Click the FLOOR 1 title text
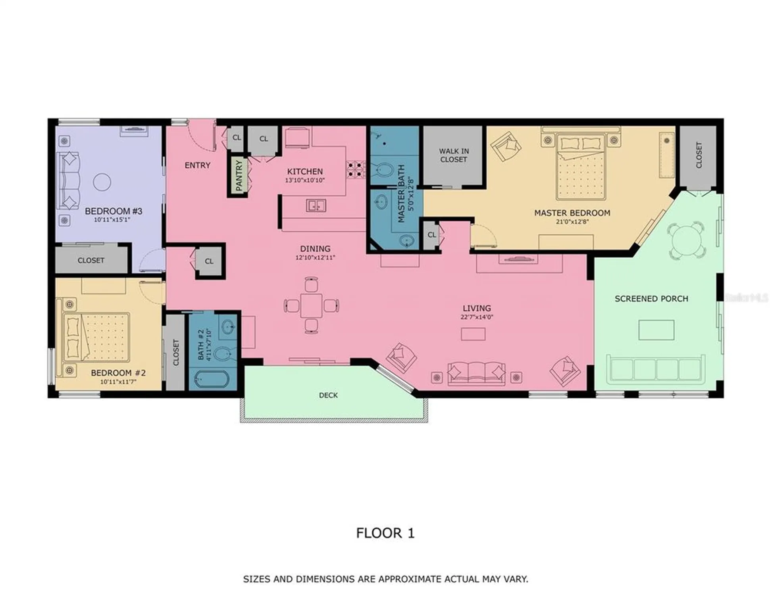coord(385,533)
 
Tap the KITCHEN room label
coord(305,171)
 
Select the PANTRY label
coord(239,175)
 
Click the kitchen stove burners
coord(356,169)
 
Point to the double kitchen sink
coord(316,205)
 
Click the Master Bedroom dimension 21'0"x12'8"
coord(572,222)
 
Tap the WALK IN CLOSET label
coord(454,155)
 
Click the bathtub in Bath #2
coord(212,379)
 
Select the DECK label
coord(328,395)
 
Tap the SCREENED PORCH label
coord(651,299)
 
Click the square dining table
coord(311,305)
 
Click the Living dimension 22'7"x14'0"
coord(477,317)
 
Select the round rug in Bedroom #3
coord(102,182)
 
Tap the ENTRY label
coord(197,165)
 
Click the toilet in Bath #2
coord(223,353)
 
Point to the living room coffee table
coord(473,334)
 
